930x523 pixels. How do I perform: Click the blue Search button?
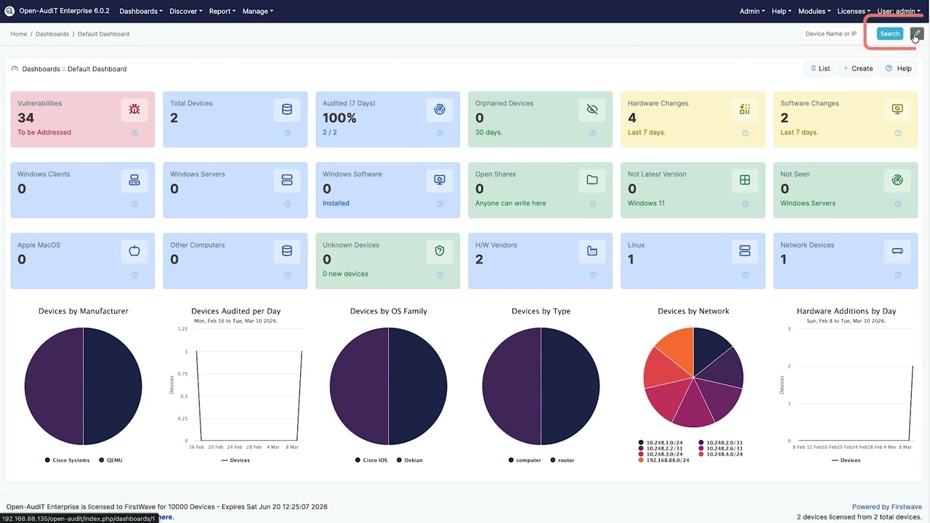point(889,33)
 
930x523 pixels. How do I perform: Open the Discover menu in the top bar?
point(185,11)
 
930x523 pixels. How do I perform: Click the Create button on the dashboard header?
point(858,68)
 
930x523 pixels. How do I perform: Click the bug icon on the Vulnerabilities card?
point(134,109)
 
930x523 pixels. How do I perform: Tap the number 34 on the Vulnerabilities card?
point(26,118)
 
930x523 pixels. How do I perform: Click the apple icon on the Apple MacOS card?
point(134,251)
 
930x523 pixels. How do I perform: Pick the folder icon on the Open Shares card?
point(592,179)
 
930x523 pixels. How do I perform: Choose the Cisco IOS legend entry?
point(373,460)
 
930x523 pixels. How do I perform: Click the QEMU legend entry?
point(114,460)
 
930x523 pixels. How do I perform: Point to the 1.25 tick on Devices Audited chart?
point(182,329)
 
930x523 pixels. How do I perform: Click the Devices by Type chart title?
point(541,311)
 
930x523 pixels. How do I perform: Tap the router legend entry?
point(565,460)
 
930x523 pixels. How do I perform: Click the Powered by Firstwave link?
point(886,507)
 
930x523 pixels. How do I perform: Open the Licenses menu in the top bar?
point(853,11)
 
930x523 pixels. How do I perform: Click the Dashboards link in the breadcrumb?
point(52,34)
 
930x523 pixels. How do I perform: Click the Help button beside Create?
point(899,68)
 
